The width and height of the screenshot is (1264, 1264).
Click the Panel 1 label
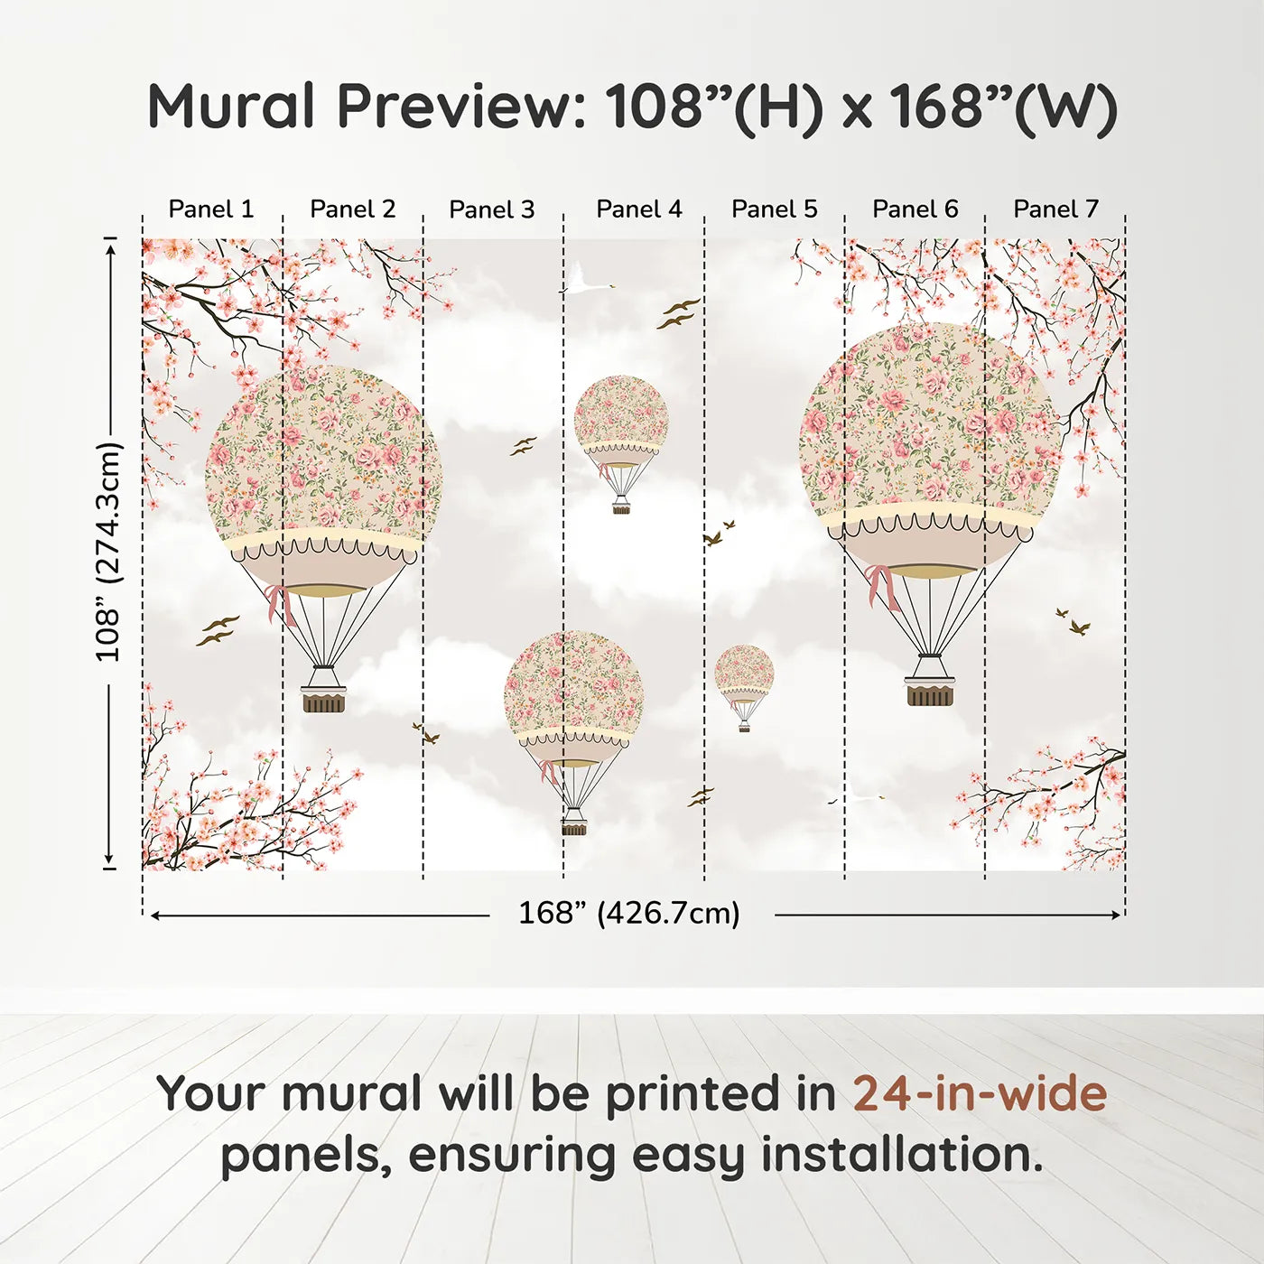pyautogui.click(x=211, y=209)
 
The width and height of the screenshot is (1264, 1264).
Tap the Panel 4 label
pyautogui.click(x=639, y=209)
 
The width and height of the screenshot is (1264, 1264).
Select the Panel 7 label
pyautogui.click(x=1055, y=209)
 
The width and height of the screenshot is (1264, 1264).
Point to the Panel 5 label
pyautogui.click(x=774, y=209)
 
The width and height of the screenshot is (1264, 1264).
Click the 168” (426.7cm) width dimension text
pyautogui.click(x=629, y=914)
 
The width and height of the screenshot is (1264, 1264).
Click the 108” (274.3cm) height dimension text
pyautogui.click(x=108, y=552)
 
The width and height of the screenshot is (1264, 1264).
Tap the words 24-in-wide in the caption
pyautogui.click(x=980, y=1093)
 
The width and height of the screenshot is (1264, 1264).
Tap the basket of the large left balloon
pyautogui.click(x=324, y=700)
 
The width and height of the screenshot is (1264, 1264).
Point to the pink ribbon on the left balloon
pyautogui.click(x=278, y=603)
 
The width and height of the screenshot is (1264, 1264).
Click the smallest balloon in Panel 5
pyautogui.click(x=744, y=682)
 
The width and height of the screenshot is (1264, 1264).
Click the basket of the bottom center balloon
pyautogui.click(x=573, y=826)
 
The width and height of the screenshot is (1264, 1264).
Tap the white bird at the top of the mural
pyautogui.click(x=583, y=280)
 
